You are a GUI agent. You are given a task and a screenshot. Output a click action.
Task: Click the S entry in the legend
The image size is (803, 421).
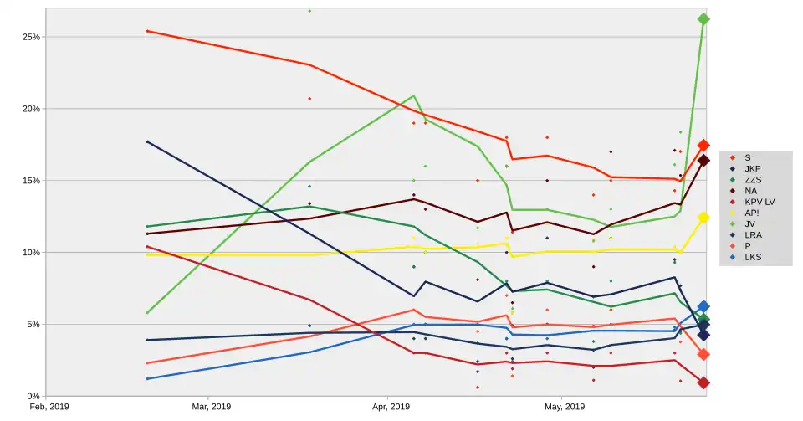click(747, 157)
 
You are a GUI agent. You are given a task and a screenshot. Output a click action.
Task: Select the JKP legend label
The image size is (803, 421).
click(752, 169)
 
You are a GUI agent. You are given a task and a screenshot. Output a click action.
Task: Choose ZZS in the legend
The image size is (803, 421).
click(752, 180)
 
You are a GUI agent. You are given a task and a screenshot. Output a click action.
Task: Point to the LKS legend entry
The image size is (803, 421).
click(752, 257)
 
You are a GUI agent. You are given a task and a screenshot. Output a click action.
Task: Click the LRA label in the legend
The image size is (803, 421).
click(752, 235)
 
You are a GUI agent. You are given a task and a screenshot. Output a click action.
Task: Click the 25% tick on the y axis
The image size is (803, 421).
click(32, 37)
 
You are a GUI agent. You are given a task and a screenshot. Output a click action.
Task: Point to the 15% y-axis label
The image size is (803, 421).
click(32, 181)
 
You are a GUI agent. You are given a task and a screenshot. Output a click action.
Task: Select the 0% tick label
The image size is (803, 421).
click(34, 396)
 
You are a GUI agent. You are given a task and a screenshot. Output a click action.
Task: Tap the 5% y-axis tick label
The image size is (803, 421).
click(34, 324)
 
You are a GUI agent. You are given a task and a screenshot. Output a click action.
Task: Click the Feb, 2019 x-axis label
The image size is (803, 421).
click(49, 407)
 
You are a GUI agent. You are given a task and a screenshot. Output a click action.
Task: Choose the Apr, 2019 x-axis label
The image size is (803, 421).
click(389, 407)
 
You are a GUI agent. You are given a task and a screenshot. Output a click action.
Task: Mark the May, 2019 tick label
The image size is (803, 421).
click(565, 407)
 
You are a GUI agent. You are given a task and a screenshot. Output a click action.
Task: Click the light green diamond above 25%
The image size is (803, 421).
click(703, 18)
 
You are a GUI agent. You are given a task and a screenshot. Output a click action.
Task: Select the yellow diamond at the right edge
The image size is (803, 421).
click(703, 218)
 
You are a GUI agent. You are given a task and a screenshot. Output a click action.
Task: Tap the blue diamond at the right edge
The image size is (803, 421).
click(703, 307)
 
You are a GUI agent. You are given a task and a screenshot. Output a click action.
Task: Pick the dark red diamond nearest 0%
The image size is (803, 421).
click(703, 382)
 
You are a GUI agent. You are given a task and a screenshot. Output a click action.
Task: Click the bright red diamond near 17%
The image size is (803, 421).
click(703, 146)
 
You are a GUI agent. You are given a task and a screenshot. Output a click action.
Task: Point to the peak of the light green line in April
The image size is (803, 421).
click(413, 95)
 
